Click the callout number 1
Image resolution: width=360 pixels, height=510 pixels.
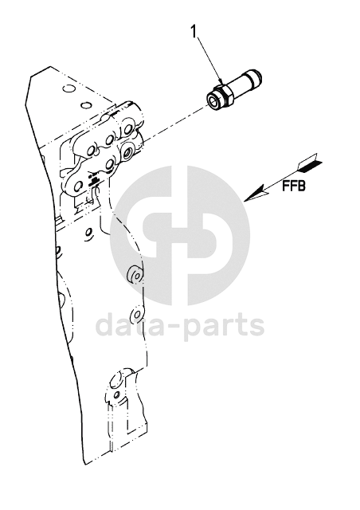[194, 32]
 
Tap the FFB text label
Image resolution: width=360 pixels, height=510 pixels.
[294, 186]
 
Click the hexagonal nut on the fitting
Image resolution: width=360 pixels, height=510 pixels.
[224, 95]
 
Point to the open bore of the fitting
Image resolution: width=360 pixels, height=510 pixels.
[213, 100]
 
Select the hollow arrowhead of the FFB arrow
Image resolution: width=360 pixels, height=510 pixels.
[257, 194]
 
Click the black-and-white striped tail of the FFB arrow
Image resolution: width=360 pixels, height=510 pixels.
[310, 162]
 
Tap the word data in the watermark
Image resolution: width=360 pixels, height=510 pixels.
[134, 324]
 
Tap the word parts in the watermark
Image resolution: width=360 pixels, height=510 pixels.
[225, 326]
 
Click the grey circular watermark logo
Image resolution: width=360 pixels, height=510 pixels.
[180, 236]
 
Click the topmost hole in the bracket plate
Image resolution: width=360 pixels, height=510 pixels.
[68, 88]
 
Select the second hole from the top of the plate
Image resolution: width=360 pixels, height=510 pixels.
[85, 105]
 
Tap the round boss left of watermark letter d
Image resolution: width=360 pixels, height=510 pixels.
[137, 314]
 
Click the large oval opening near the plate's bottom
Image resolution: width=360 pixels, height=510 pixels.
[115, 379]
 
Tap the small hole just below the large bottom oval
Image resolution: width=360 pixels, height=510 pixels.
[116, 395]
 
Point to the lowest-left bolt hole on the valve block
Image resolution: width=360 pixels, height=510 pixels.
[78, 186]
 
